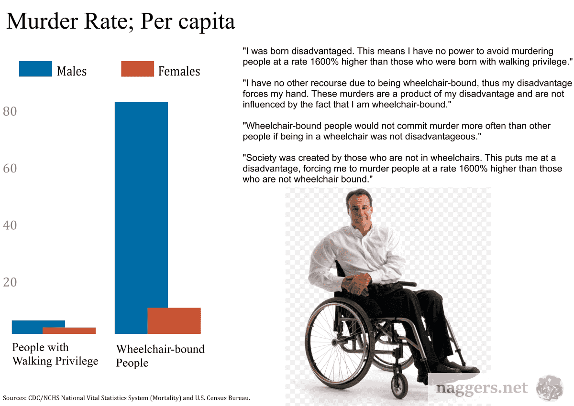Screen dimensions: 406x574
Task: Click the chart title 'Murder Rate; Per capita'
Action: pyautogui.click(x=121, y=22)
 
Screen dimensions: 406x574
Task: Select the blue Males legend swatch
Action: pyautogui.click(x=35, y=69)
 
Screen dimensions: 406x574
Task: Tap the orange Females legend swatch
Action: pyautogui.click(x=138, y=69)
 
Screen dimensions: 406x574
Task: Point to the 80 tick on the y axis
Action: pyautogui.click(x=10, y=112)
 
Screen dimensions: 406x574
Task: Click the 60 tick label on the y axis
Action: pyautogui.click(x=10, y=169)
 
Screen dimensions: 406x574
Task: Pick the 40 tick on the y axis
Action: pyautogui.click(x=10, y=225)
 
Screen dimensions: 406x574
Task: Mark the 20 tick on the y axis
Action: pyautogui.click(x=10, y=282)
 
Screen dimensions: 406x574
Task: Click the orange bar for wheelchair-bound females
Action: pyautogui.click(x=174, y=321)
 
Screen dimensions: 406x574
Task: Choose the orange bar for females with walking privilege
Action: pyautogui.click(x=69, y=331)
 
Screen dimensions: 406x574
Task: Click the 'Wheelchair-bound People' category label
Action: pyautogui.click(x=160, y=356)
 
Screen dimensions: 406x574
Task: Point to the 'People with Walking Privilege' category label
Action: pyautogui.click(x=55, y=354)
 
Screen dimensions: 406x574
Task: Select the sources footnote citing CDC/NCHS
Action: pyautogui.click(x=127, y=398)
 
